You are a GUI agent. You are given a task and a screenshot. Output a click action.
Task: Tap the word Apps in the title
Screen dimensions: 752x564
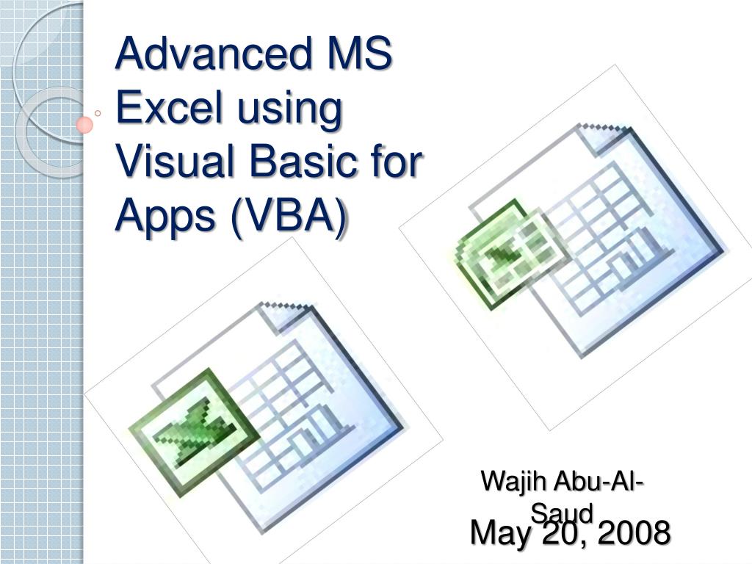165,216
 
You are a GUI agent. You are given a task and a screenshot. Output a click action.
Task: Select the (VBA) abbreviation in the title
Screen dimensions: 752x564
288,216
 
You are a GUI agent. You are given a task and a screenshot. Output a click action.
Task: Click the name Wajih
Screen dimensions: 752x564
513,481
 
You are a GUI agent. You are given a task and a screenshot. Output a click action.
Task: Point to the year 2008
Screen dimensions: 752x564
634,532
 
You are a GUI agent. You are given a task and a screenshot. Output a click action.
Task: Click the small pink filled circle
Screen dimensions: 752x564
84,125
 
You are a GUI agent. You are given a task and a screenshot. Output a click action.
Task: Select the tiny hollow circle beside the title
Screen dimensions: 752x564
98,113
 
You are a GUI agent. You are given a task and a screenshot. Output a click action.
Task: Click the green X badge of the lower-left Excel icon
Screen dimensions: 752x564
194,433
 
